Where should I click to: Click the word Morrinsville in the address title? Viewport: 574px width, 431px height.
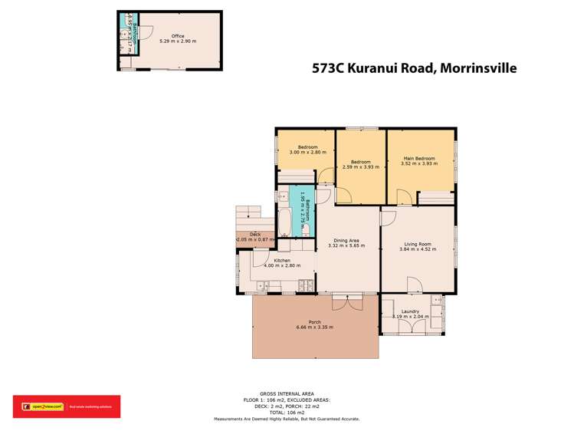pyautogui.click(x=477, y=68)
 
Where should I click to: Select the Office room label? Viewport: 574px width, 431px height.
pyautogui.click(x=178, y=36)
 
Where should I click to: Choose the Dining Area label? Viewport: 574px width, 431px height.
pyautogui.click(x=346, y=241)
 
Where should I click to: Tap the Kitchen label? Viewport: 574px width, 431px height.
pyautogui.click(x=282, y=261)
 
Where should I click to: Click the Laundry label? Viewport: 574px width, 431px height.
pyautogui.click(x=410, y=311)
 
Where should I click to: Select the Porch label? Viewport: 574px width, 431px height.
pyautogui.click(x=315, y=321)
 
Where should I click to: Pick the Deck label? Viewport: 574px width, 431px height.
pyautogui.click(x=255, y=235)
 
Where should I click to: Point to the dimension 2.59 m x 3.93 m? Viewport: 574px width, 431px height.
pyautogui.click(x=361, y=166)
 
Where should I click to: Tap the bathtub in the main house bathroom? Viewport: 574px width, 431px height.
pyautogui.click(x=283, y=219)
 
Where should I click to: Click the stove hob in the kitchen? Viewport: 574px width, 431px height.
pyautogui.click(x=307, y=286)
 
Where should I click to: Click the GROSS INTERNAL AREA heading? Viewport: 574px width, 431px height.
pyautogui.click(x=287, y=391)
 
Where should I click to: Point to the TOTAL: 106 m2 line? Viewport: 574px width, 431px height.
pyautogui.click(x=287, y=413)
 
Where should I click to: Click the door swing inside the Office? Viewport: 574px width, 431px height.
pyautogui.click(x=147, y=33)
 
